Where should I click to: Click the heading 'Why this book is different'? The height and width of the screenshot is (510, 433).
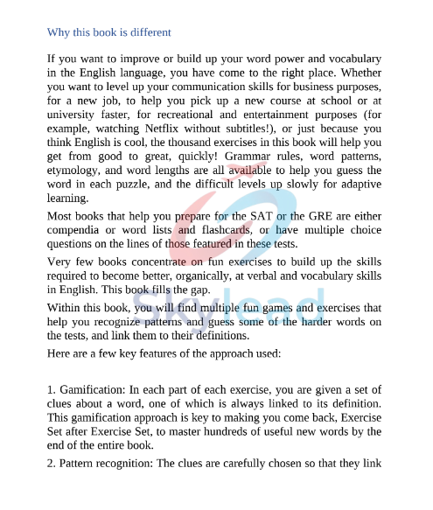[x=109, y=32]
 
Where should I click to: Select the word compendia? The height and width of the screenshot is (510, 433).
[x=76, y=230]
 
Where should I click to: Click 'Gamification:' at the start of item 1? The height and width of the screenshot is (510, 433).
[x=95, y=388]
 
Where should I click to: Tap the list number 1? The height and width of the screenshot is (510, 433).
[x=51, y=388]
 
